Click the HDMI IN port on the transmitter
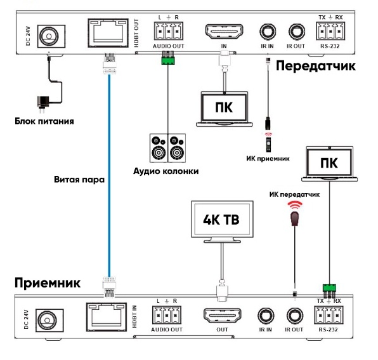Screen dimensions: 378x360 click(224, 31)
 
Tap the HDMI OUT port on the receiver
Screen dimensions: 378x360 click(222, 316)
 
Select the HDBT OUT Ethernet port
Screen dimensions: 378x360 click(108, 33)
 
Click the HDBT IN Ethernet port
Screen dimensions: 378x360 click(107, 317)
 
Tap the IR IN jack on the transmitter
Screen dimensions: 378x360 click(268, 32)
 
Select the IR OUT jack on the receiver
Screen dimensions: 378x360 click(294, 316)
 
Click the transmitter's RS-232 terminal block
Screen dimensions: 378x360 click(330, 31)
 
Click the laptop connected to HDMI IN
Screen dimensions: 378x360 click(225, 109)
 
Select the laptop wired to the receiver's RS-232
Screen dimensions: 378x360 click(330, 164)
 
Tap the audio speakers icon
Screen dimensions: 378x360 click(168, 148)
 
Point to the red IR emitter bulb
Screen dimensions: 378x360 click(294, 218)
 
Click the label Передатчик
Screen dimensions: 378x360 click(316, 66)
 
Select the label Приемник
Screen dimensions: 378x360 click(48, 283)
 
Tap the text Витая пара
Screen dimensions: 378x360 click(79, 180)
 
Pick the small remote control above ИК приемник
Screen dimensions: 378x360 click(268, 145)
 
